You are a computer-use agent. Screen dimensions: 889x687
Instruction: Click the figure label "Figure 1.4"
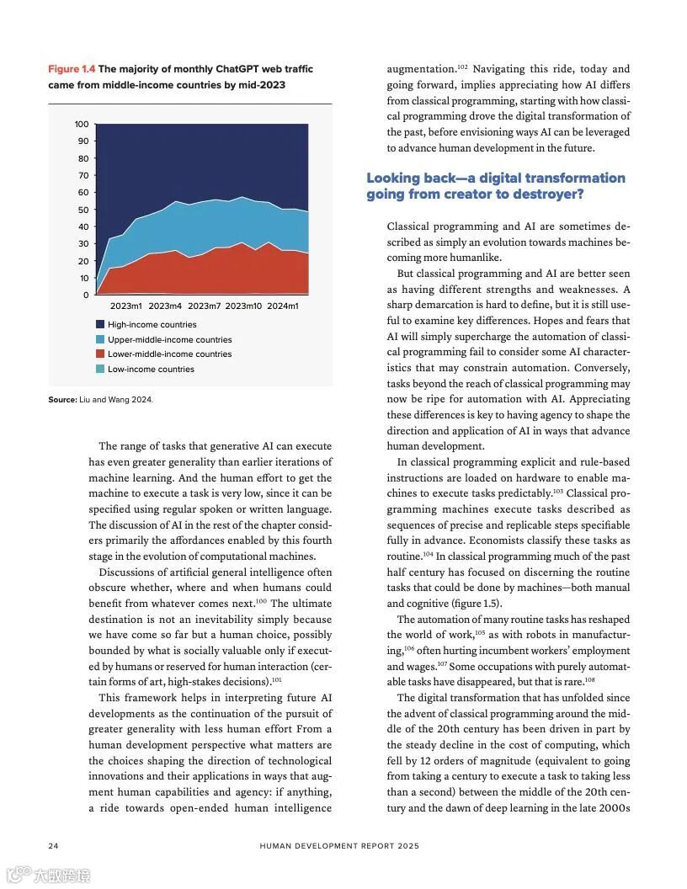pyautogui.click(x=72, y=69)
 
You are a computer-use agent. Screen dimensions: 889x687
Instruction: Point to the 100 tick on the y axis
pyautogui.click(x=81, y=125)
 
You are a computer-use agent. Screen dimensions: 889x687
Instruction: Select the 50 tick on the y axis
pyautogui.click(x=83, y=210)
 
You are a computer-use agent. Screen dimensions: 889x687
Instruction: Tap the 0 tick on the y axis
pyautogui.click(x=85, y=295)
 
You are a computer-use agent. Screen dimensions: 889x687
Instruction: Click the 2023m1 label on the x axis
pyautogui.click(x=126, y=306)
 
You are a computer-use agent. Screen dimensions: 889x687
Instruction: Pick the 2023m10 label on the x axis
pyautogui.click(x=243, y=306)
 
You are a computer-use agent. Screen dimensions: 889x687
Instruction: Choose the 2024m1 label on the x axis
pyautogui.click(x=283, y=306)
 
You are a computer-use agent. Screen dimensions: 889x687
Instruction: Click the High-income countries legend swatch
pyautogui.click(x=100, y=325)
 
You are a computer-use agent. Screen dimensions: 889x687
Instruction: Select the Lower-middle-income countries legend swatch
pyautogui.click(x=100, y=354)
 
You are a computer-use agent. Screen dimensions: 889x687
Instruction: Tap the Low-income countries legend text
pyautogui.click(x=151, y=370)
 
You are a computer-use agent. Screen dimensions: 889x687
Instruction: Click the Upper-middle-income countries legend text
pyautogui.click(x=169, y=340)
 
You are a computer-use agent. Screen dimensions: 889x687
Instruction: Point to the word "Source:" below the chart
pyautogui.click(x=62, y=400)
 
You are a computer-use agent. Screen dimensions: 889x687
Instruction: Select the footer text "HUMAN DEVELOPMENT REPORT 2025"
pyautogui.click(x=339, y=846)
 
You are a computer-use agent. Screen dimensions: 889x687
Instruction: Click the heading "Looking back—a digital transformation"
pyautogui.click(x=496, y=178)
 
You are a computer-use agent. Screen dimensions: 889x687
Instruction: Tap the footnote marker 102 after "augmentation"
pyautogui.click(x=462, y=67)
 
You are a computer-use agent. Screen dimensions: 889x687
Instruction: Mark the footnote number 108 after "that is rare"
pyautogui.click(x=589, y=679)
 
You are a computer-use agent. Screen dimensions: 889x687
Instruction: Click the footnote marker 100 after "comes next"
pyautogui.click(x=261, y=601)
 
